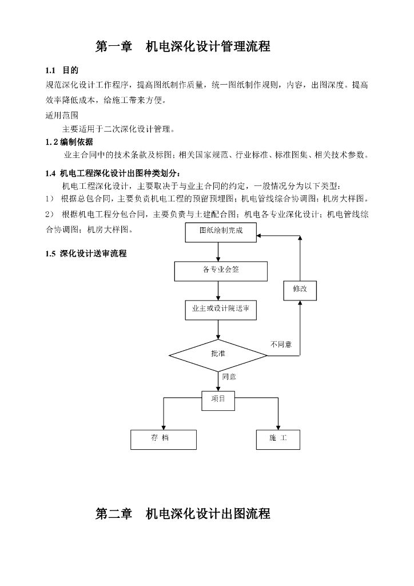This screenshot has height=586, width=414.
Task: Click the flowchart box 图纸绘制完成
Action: [221, 232]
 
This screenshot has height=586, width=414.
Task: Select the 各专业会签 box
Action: [221, 271]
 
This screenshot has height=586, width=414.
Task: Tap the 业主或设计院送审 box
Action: [221, 310]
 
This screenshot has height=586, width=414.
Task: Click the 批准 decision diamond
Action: [218, 355]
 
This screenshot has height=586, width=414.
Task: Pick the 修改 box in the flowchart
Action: [300, 291]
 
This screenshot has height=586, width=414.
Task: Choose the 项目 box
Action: [218, 401]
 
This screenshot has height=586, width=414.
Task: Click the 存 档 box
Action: [164, 439]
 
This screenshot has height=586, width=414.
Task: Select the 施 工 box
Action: [278, 439]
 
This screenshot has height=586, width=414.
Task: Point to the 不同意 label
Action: [281, 344]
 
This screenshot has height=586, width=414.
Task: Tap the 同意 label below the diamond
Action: [229, 377]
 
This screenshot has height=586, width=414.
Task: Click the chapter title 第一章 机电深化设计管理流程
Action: [183, 46]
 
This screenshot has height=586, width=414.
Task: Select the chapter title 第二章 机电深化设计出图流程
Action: [183, 514]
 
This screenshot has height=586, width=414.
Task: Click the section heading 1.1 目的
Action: [62, 70]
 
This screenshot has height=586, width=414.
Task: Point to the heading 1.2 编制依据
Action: [69, 142]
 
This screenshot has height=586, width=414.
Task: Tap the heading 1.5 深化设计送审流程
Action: [86, 254]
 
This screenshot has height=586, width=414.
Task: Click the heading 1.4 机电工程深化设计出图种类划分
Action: [114, 173]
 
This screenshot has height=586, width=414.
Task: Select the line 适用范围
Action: [62, 116]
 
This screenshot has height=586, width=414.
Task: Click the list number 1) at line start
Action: [50, 199]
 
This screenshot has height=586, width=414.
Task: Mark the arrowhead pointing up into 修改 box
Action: [300, 303]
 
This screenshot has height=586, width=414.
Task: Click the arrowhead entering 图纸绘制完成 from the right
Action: [259, 236]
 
